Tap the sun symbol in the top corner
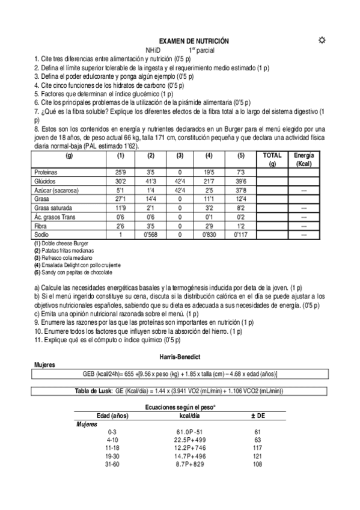[322, 40]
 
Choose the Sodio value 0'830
[209, 235]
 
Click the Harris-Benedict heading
[180, 357]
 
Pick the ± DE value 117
[257, 447]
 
